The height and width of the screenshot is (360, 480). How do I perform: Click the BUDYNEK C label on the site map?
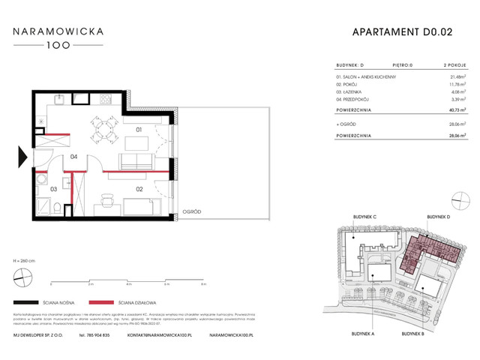[x=364, y=217]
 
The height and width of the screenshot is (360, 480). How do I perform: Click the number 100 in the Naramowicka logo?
[x=62, y=45]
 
